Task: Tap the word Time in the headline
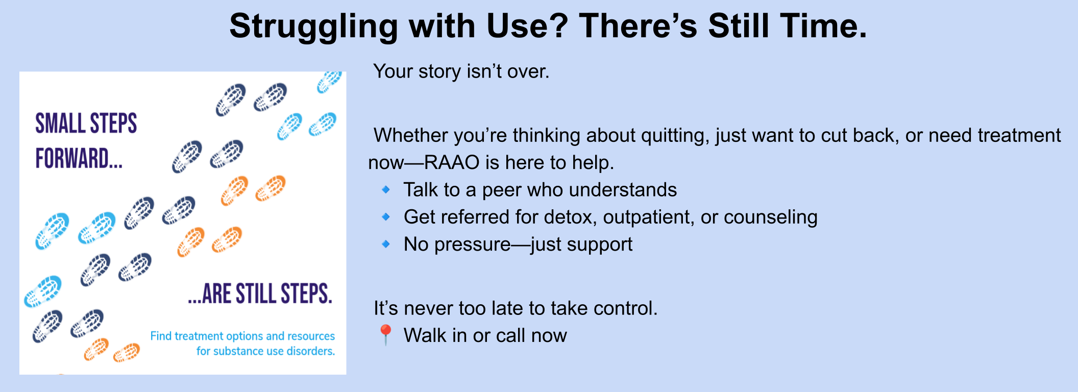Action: point(824,26)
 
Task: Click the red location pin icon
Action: point(385,335)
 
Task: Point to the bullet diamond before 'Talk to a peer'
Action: point(386,190)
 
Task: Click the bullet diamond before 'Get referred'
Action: point(386,217)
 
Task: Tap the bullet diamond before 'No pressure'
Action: point(386,244)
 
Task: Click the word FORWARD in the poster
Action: point(72,158)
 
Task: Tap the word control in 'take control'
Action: point(626,308)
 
